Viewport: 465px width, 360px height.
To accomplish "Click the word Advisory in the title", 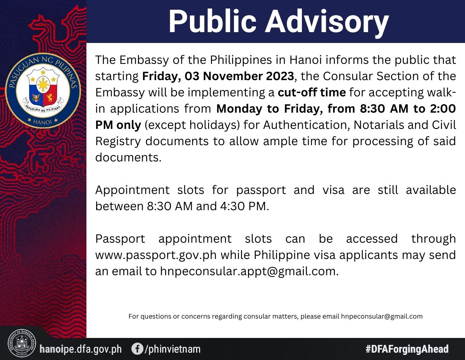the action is coord(327,22).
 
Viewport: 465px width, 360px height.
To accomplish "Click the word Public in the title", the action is coord(212,21).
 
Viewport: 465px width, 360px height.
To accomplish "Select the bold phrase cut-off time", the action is coord(312,93).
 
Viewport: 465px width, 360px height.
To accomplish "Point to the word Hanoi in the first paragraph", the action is coord(306,60).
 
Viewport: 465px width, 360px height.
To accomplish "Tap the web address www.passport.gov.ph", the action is coord(156,255).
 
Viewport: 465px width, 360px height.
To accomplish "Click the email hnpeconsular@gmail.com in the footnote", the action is coord(382,316).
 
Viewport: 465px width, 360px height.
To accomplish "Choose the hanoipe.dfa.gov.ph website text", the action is coord(81,349).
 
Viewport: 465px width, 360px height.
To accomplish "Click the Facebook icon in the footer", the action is coord(137,349).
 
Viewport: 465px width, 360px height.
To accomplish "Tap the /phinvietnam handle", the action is coord(173,349).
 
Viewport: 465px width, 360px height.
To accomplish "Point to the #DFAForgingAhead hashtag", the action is coord(407,349).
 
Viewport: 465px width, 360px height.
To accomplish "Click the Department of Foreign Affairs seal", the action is coord(22,343).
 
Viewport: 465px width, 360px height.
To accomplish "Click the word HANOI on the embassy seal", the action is coord(42,122).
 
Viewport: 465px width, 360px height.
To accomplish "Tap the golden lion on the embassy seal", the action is coord(50,97).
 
